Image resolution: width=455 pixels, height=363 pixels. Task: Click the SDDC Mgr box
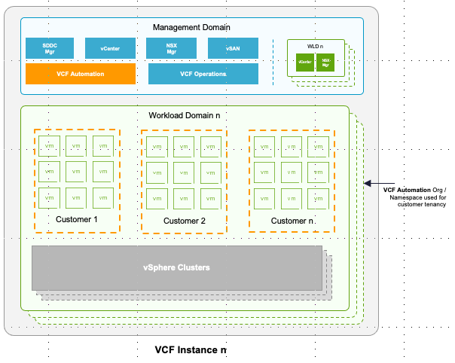50,49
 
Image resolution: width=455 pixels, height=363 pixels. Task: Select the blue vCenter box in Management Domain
110,49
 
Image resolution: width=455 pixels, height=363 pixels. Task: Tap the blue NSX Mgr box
171,49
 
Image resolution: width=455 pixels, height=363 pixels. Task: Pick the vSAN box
233,49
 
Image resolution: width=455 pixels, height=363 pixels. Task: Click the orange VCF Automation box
81,74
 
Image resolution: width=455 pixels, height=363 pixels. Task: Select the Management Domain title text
191,27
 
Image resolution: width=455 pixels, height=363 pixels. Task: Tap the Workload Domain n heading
185,115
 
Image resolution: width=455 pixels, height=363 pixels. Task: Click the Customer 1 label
77,219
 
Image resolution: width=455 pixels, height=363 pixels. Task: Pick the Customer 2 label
184,221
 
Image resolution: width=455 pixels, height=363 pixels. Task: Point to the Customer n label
292,221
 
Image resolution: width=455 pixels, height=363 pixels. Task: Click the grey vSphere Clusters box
177,267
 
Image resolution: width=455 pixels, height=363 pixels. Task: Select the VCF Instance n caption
191,350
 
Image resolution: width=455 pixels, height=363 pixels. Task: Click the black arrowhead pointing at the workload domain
368,182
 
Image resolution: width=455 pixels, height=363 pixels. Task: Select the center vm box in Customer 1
77,172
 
